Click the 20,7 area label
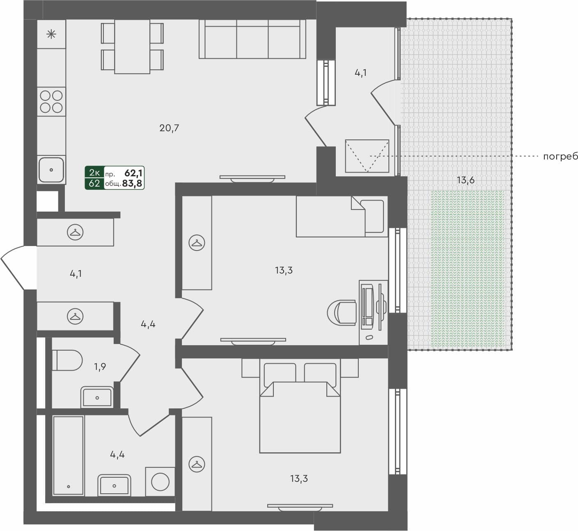click(169, 128)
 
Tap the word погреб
click(560, 156)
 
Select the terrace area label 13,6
click(466, 180)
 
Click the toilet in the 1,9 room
click(67, 360)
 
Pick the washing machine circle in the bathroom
click(160, 482)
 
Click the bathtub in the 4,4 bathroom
click(69, 456)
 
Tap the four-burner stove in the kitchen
click(51, 101)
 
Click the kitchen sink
click(51, 169)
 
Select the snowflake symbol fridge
click(51, 34)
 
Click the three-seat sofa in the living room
click(252, 39)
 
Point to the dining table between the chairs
click(132, 46)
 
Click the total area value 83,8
click(132, 183)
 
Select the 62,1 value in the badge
click(134, 173)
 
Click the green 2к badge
click(94, 173)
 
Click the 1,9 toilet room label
click(100, 367)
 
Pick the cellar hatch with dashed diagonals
click(367, 156)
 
